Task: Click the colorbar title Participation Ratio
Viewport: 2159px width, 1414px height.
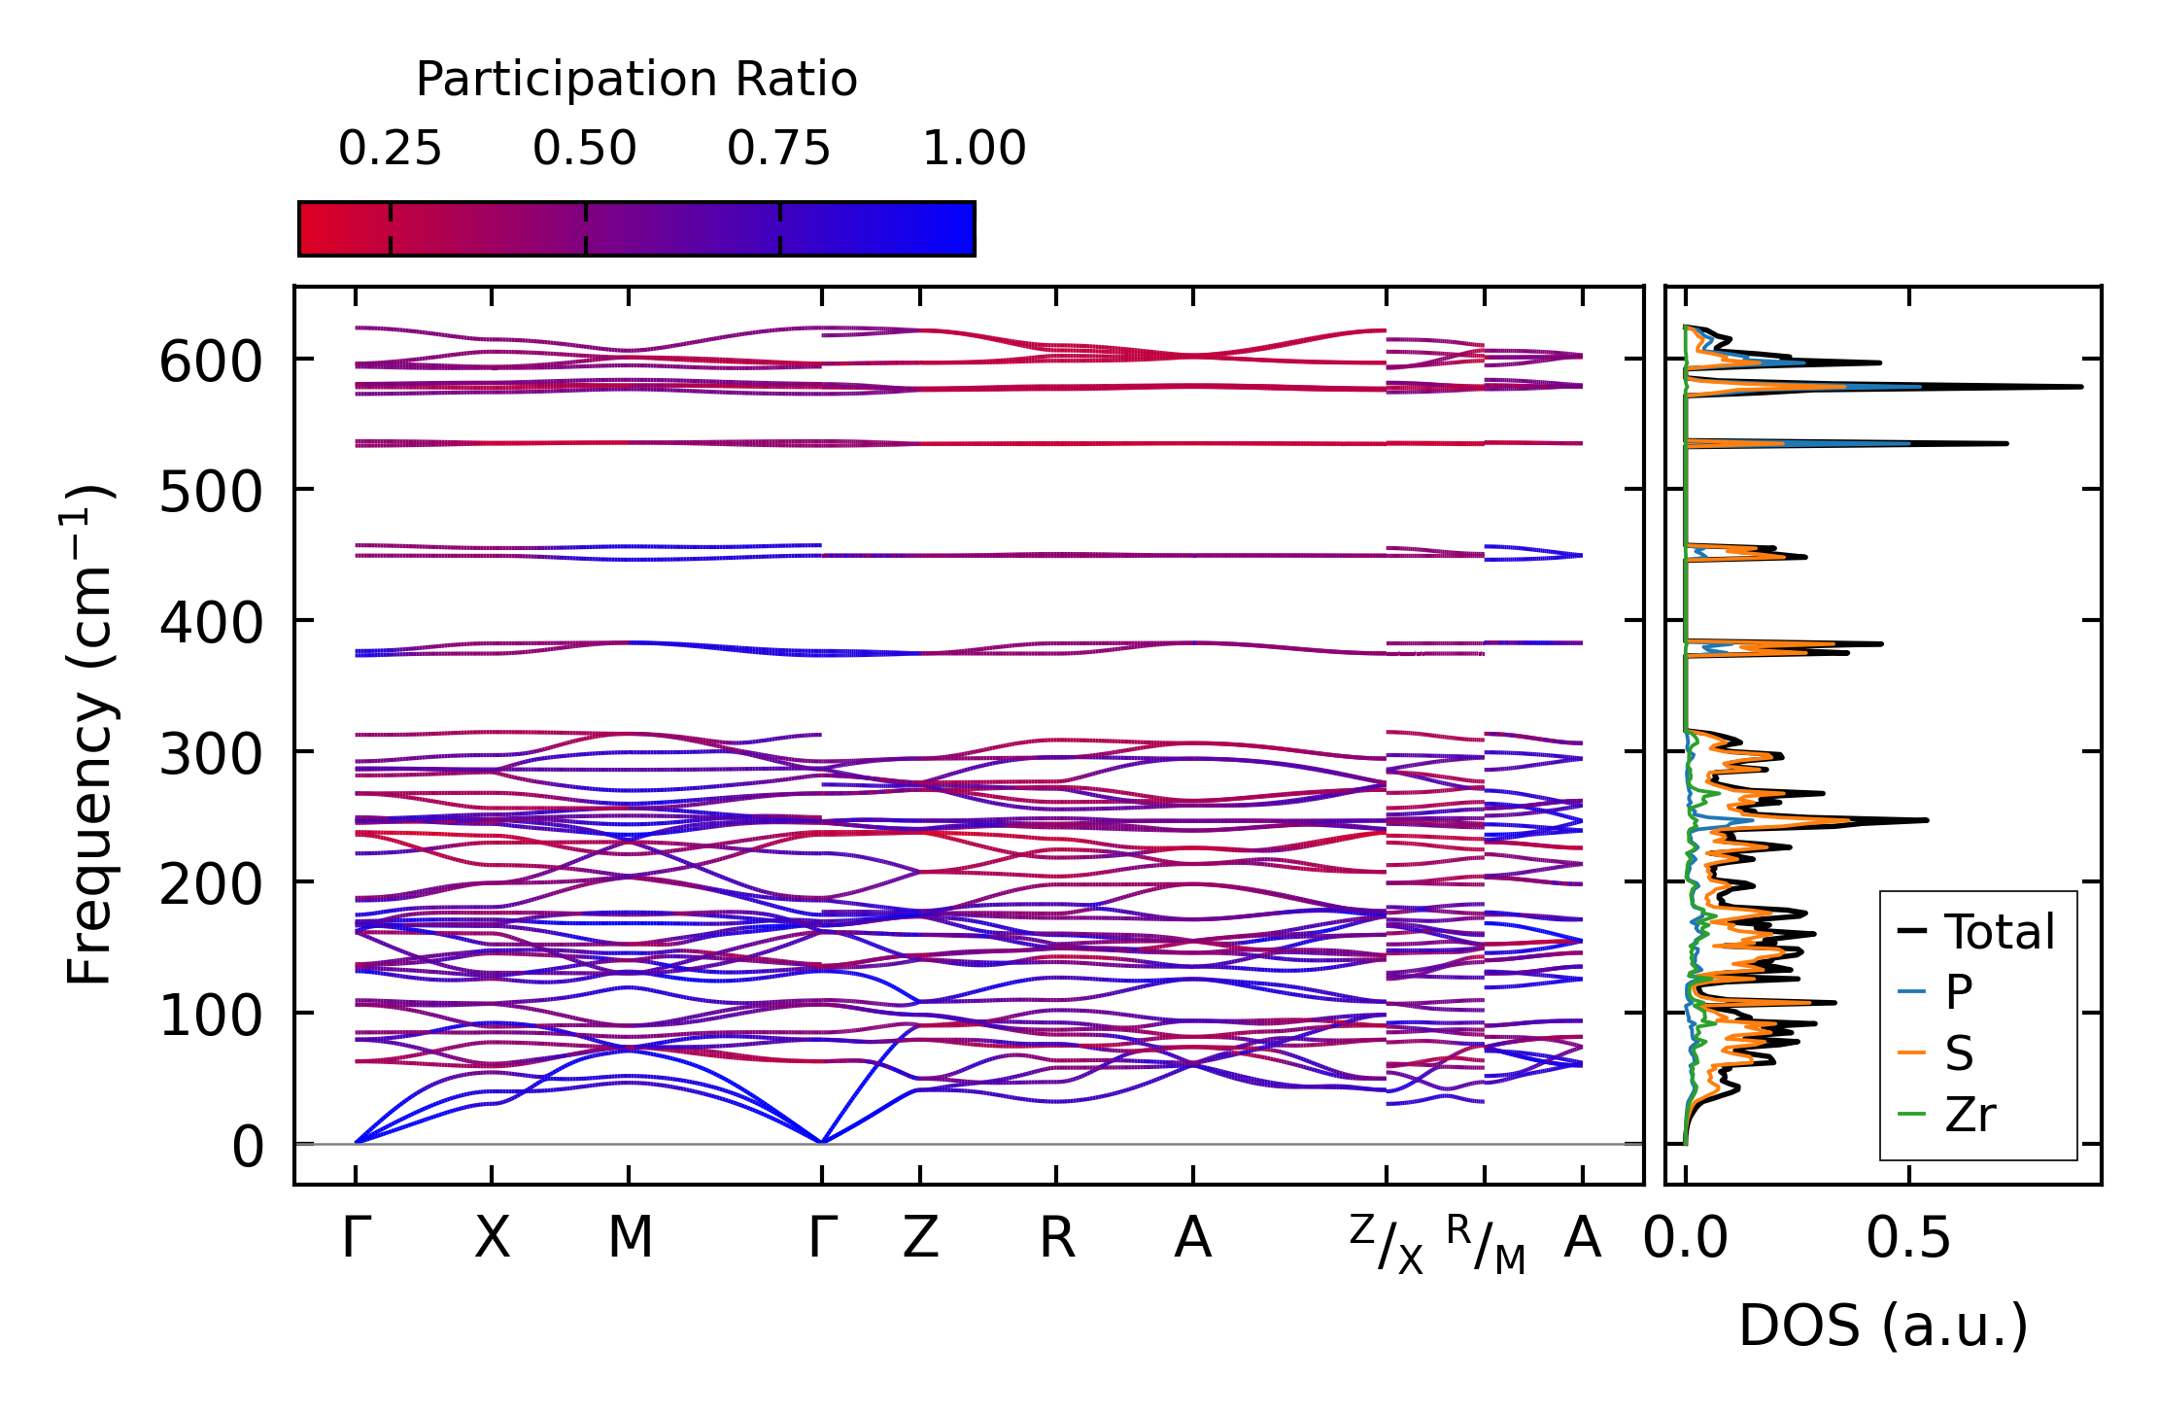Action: [x=636, y=79]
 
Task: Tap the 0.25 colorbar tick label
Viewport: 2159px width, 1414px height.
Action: [x=390, y=149]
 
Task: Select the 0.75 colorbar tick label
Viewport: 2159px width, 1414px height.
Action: [x=779, y=149]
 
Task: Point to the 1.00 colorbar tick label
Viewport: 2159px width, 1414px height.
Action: [x=974, y=149]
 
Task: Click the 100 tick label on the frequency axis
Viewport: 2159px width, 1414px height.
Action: [x=211, y=1016]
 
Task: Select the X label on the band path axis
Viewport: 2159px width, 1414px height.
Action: [x=492, y=1238]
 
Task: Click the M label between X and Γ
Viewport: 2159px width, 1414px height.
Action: [x=630, y=1238]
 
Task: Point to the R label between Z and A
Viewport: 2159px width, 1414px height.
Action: [x=1057, y=1238]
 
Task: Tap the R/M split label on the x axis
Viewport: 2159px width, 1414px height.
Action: [x=1486, y=1243]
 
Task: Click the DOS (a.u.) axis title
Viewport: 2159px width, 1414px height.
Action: [x=1883, y=1326]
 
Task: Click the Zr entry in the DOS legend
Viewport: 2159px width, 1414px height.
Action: [x=1970, y=1114]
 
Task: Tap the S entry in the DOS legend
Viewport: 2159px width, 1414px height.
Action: [x=1959, y=1053]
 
